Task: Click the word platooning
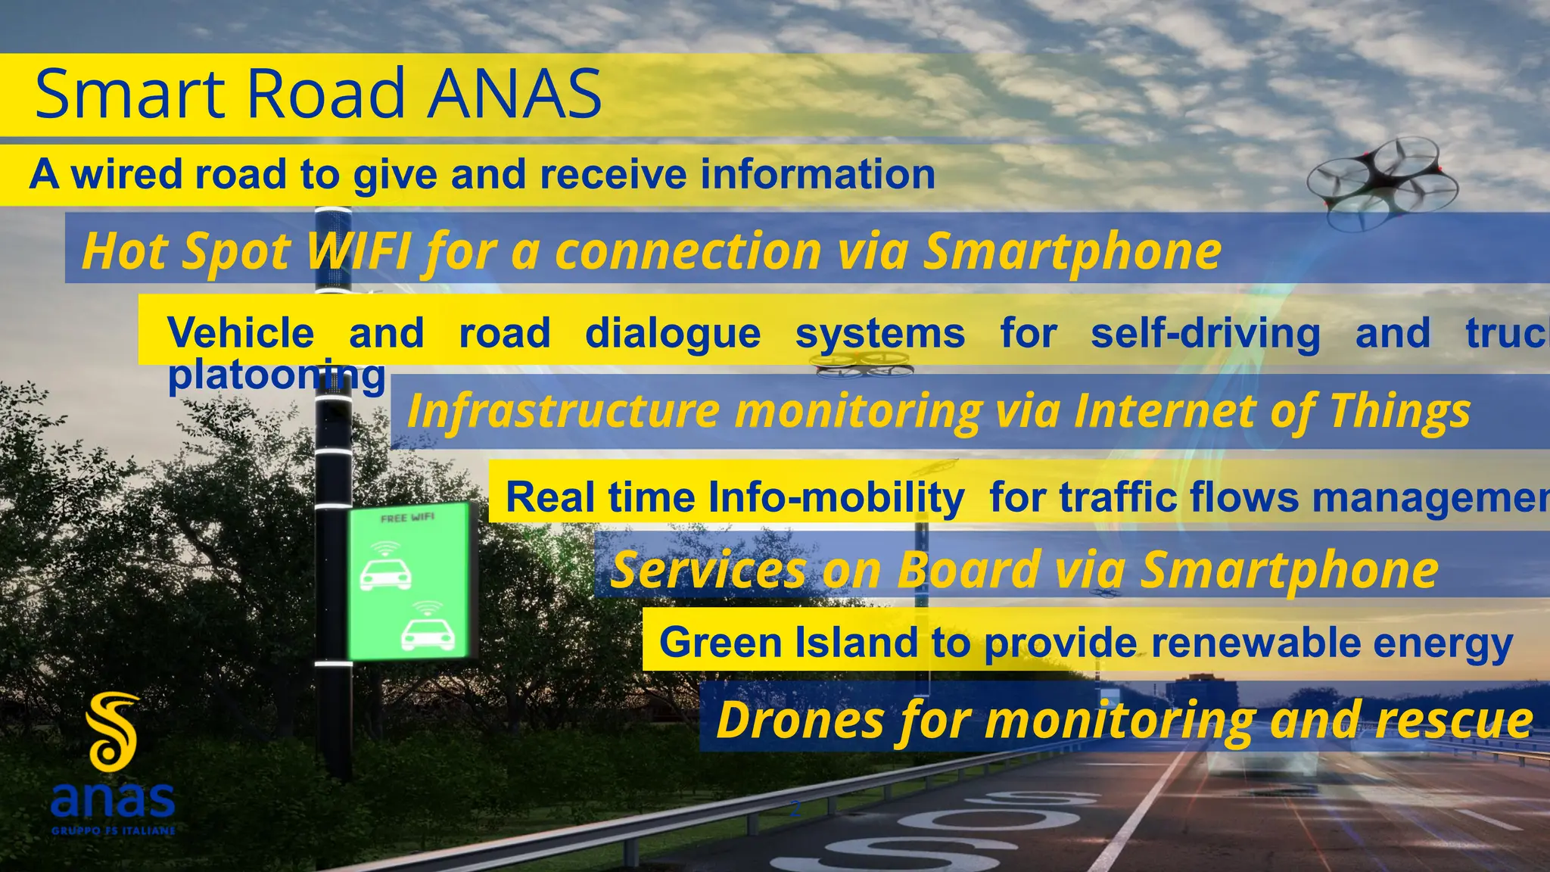[276, 375]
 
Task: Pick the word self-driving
[1205, 333]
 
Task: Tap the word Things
[1400, 410]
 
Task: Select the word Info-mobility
[836, 497]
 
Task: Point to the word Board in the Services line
[970, 569]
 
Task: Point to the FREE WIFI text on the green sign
[407, 518]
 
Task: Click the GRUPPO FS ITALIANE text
[114, 831]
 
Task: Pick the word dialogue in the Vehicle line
[673, 333]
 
